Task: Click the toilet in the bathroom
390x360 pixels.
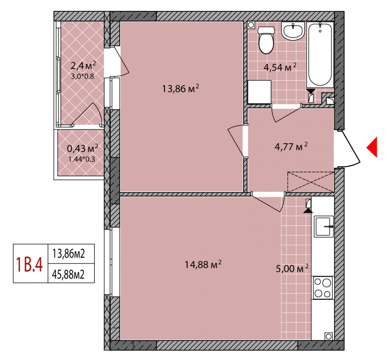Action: pyautogui.click(x=266, y=40)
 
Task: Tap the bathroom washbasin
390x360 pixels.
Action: pyautogui.click(x=293, y=31)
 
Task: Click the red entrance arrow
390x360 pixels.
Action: pyautogui.click(x=372, y=147)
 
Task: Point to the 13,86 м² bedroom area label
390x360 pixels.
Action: pyautogui.click(x=181, y=88)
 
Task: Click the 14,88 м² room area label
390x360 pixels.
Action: pyautogui.click(x=203, y=264)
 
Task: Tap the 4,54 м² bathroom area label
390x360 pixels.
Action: pyautogui.click(x=280, y=67)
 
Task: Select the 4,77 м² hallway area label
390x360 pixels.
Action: pyautogui.click(x=291, y=147)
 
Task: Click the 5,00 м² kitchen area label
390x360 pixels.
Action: pyautogui.click(x=292, y=268)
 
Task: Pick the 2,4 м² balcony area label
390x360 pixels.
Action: pyautogui.click(x=83, y=66)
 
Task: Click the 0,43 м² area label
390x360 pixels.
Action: pyautogui.click(x=83, y=149)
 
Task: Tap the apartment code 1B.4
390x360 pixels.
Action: pyautogui.click(x=29, y=265)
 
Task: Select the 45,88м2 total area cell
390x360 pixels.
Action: pyautogui.click(x=68, y=274)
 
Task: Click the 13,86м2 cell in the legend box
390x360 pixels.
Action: pyautogui.click(x=68, y=254)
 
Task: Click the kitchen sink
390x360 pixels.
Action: pyautogui.click(x=324, y=226)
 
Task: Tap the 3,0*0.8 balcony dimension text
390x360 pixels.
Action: pyautogui.click(x=83, y=76)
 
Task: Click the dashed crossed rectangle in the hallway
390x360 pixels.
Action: pyautogui.click(x=310, y=182)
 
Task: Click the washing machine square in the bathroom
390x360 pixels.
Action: pyautogui.click(x=259, y=92)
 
